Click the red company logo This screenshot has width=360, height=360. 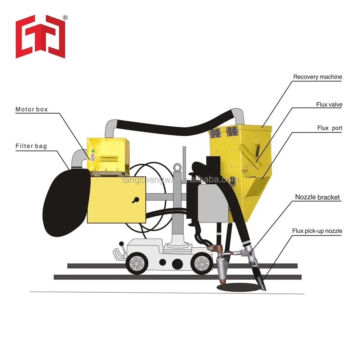[40, 37]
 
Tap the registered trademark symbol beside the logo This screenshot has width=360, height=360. [65, 18]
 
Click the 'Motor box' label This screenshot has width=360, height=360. [31, 109]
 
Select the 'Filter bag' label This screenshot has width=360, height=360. [31, 146]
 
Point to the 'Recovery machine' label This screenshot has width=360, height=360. [318, 77]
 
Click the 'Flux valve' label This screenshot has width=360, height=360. [329, 104]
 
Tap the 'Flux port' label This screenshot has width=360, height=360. [330, 128]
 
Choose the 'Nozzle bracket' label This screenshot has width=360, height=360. [317, 197]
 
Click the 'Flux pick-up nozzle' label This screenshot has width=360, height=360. [317, 231]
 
